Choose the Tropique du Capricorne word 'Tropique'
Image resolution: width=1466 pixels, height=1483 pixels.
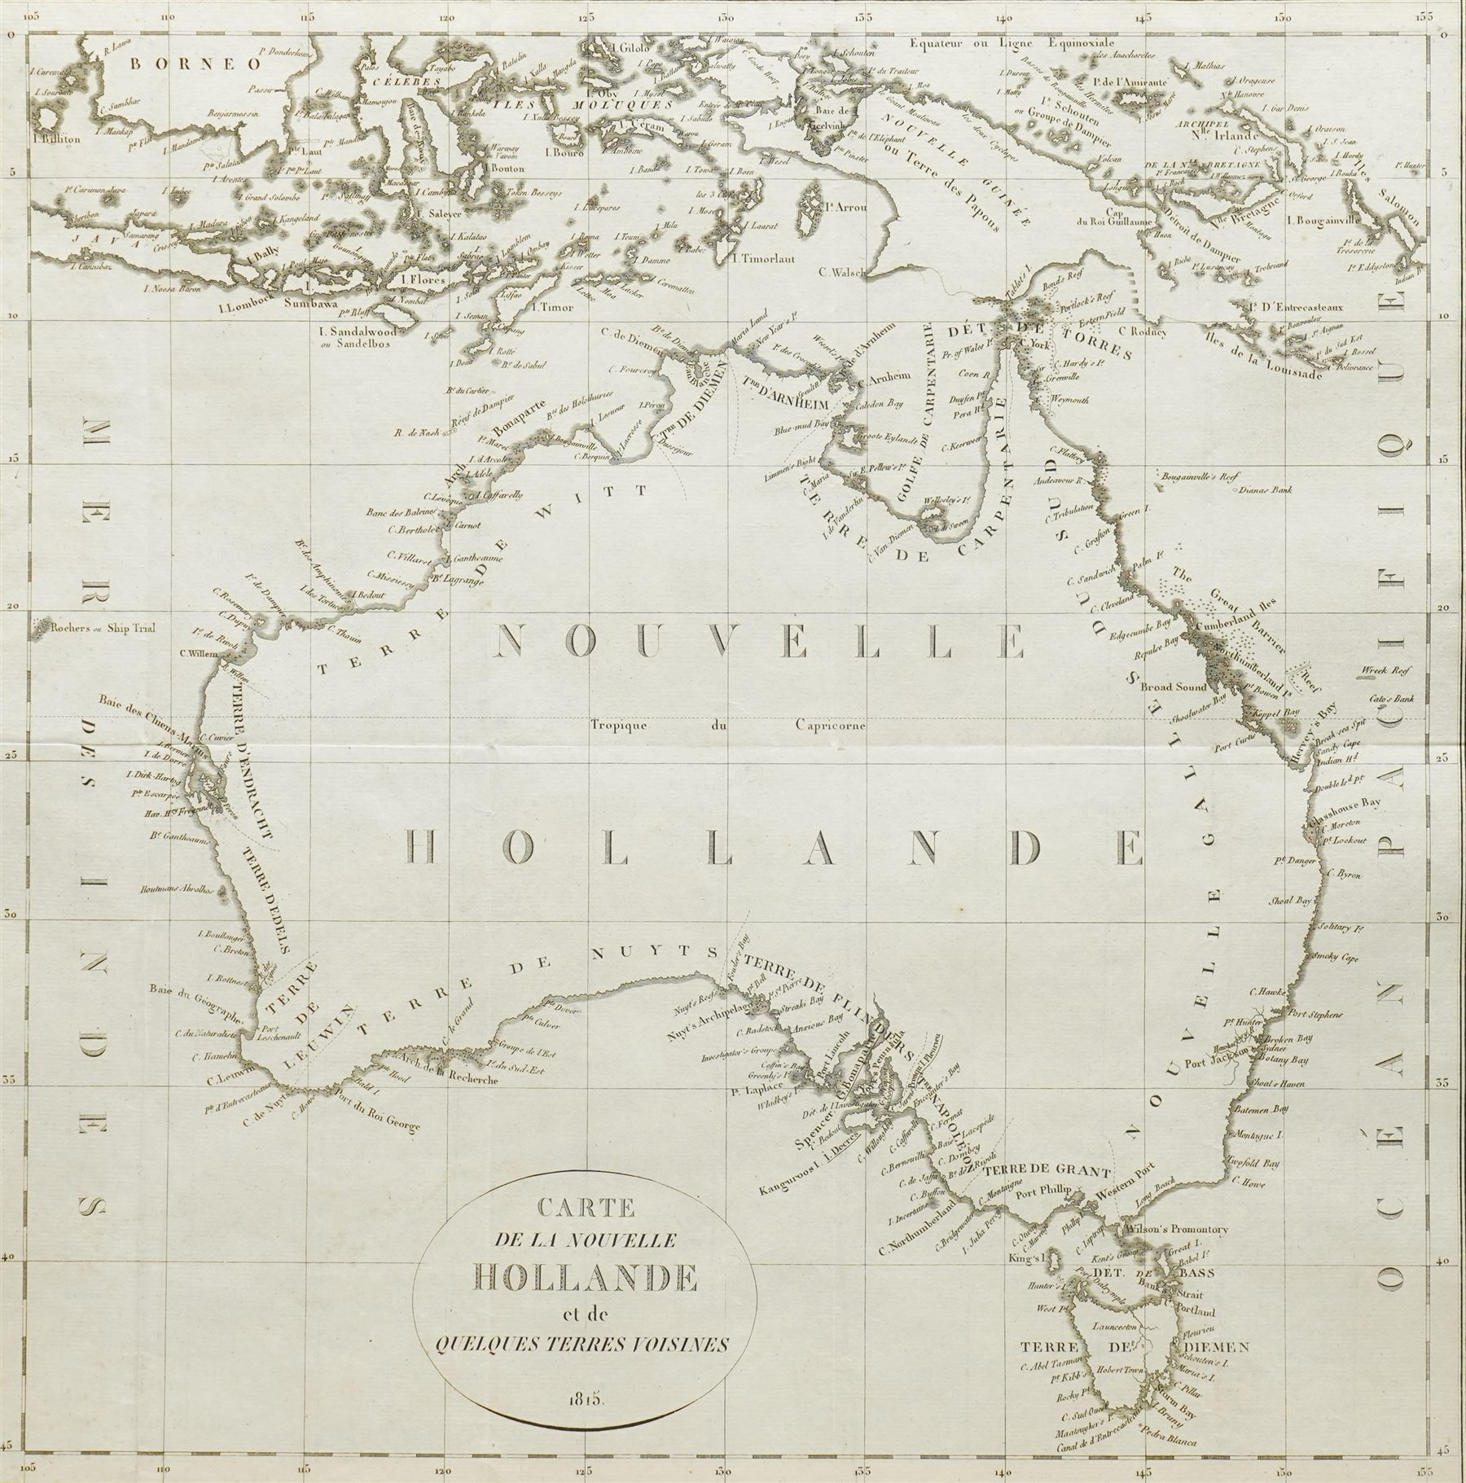click(x=625, y=725)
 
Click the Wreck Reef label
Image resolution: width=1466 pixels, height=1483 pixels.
click(x=1382, y=672)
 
